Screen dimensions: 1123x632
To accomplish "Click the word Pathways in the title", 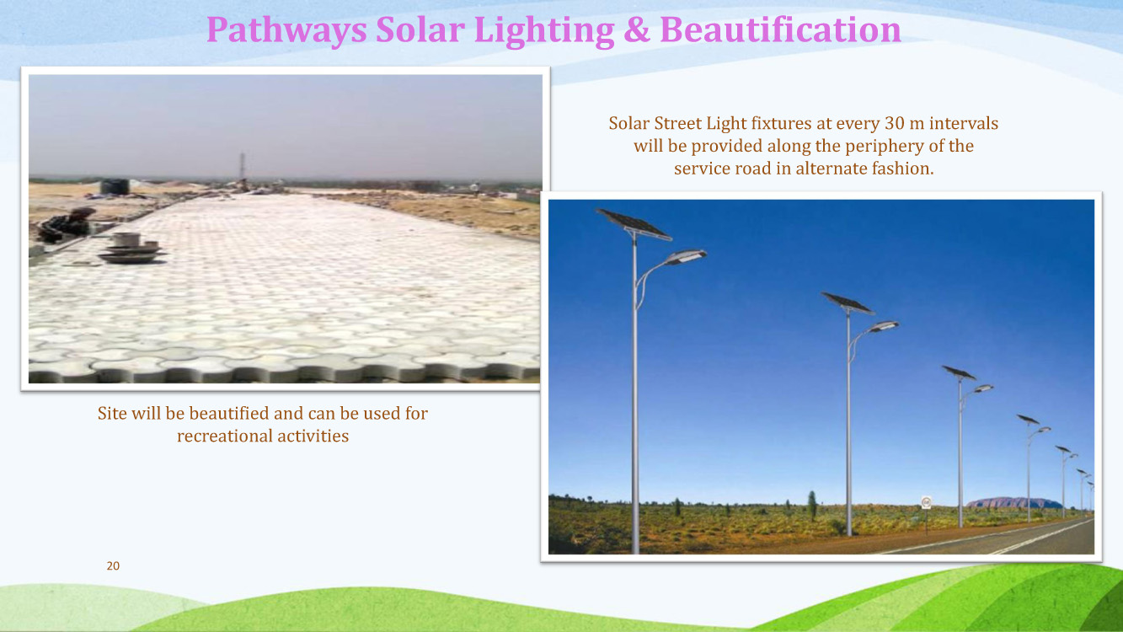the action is (286, 30).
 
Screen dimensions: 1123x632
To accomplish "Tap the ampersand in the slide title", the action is (637, 29).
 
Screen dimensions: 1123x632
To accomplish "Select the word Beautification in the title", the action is (781, 29).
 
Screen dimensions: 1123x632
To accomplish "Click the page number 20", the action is (113, 565).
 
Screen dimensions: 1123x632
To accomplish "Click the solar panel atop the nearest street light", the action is (634, 223).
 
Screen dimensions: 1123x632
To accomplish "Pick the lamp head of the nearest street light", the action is (686, 257).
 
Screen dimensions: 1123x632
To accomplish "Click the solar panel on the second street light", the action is (848, 303).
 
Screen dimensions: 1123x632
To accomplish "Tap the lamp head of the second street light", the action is (884, 327).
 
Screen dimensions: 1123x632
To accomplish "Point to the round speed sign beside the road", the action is (927, 501).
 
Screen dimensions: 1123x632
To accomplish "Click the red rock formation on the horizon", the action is (1013, 502).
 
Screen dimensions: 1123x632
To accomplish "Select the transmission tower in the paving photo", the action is (242, 167).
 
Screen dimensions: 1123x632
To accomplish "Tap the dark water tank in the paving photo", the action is (115, 186).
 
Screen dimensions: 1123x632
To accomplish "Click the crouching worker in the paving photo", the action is (67, 225).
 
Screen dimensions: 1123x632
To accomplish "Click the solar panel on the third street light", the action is (959, 372).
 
